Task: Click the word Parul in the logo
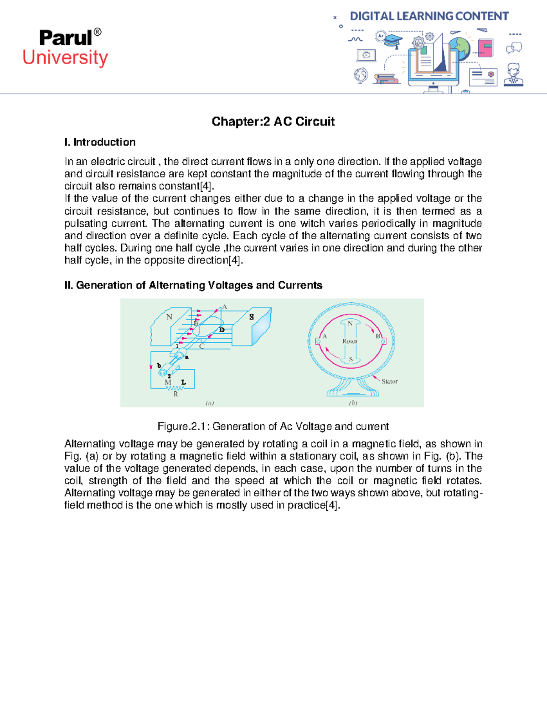65,38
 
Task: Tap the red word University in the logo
65,58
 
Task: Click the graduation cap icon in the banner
392,41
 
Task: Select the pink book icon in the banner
485,47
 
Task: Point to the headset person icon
514,74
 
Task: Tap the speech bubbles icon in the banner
514,48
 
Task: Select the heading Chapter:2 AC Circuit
273,121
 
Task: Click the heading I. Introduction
100,142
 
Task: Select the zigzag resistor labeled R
175,389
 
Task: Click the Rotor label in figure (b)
350,341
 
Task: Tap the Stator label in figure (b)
389,381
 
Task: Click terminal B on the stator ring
383,341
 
